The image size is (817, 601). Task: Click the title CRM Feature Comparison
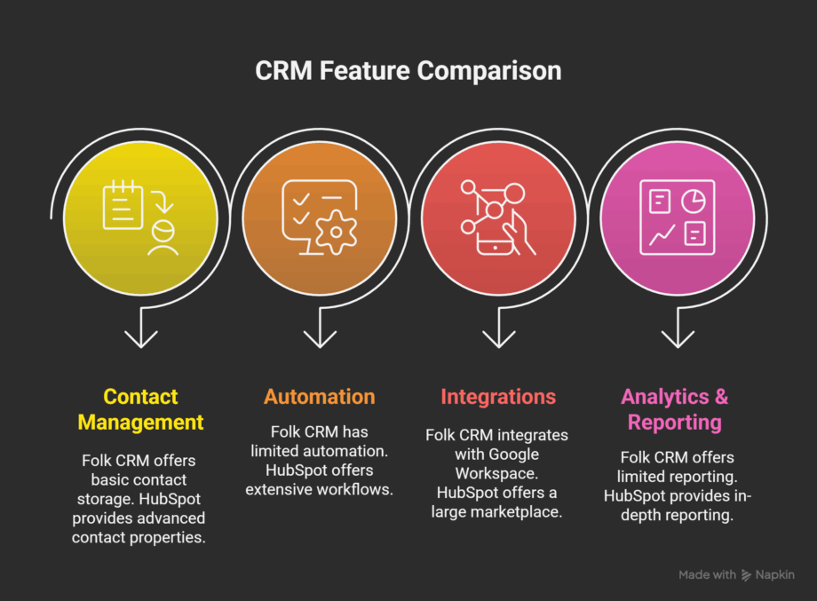tap(408, 71)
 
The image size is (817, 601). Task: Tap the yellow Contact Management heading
tap(140, 409)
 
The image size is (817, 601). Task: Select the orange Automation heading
tap(319, 397)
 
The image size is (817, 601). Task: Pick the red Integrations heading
tap(498, 397)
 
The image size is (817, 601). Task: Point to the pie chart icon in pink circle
tap(694, 202)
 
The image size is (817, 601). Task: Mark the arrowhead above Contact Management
tap(140, 338)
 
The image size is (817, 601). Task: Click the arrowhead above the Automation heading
tap(319, 338)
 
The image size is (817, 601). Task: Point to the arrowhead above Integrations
tap(498, 338)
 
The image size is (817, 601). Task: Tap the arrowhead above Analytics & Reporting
tap(678, 338)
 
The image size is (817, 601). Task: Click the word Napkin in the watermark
tap(775, 575)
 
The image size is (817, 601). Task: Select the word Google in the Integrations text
tap(538, 455)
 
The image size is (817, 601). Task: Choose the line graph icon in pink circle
tap(662, 234)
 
